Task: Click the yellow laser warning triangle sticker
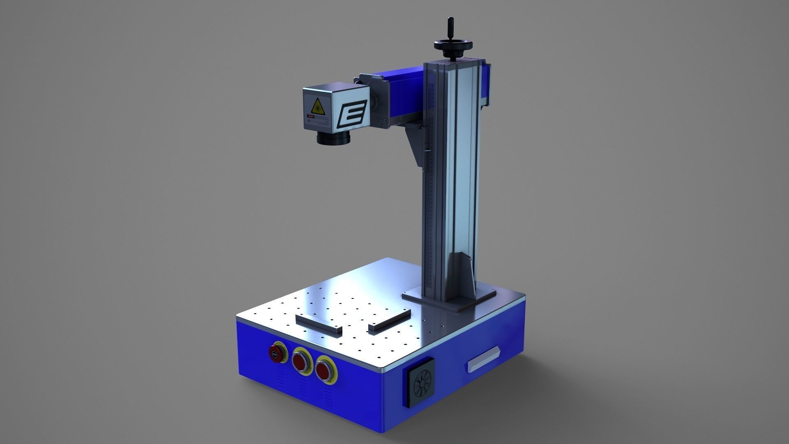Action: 317,106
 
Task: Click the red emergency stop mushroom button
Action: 276,352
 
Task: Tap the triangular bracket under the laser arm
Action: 415,144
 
